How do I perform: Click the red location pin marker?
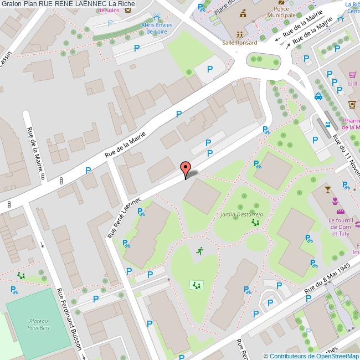tap(186, 169)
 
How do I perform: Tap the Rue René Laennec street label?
tap(125, 217)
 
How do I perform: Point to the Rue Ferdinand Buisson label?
tap(69, 318)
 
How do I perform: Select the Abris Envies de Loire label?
tap(157, 28)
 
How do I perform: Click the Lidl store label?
tap(352, 83)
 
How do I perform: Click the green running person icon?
tap(199, 251)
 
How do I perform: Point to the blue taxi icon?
tap(318, 96)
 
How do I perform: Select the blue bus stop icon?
tap(328, 125)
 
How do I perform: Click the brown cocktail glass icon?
tap(327, 190)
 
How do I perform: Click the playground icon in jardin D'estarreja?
tap(256, 223)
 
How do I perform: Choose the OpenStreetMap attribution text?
tap(311, 356)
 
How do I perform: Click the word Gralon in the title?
tap(11, 4)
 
